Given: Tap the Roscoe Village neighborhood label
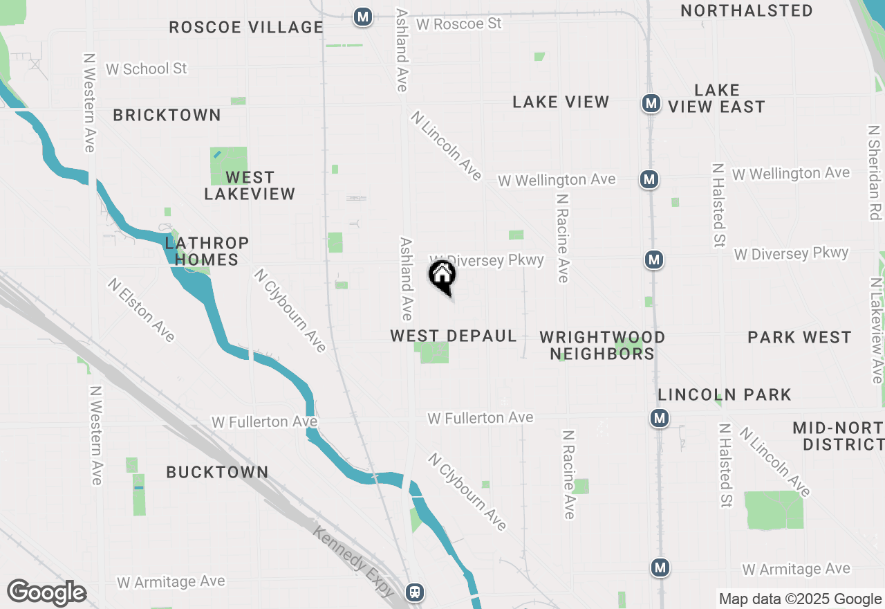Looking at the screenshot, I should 246,28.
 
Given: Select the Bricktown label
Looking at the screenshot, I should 167,115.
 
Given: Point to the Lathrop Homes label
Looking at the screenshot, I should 207,251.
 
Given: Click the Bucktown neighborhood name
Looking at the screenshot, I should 217,472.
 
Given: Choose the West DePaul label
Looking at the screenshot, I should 454,336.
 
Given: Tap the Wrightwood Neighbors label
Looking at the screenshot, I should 602,345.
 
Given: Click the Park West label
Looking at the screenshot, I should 799,338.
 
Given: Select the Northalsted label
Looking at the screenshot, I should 747,11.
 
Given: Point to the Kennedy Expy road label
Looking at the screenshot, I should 353,561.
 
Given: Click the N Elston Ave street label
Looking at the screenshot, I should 142,309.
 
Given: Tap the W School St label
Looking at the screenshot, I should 147,69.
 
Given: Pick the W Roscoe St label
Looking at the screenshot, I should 459,24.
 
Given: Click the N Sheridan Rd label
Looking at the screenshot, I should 875,172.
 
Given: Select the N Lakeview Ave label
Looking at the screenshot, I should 877,330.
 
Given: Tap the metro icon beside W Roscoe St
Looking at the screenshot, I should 363,17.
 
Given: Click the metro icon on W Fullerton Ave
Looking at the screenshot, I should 660,418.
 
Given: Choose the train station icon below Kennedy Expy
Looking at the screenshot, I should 414,592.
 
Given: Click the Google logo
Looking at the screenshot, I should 47,593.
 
